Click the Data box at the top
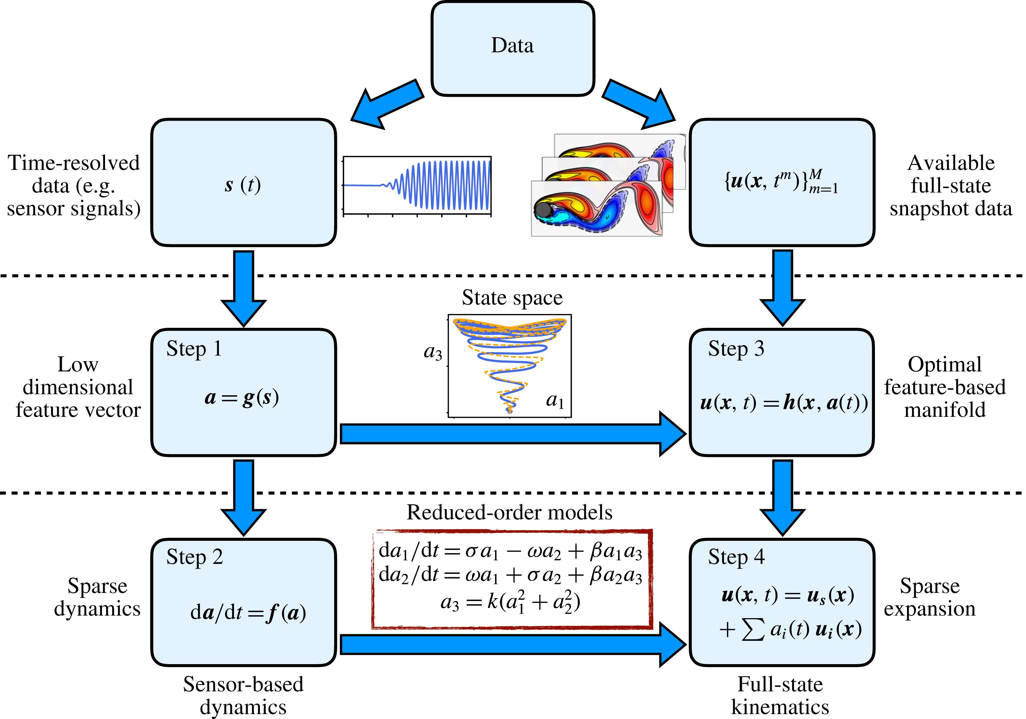512,48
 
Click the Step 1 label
194,349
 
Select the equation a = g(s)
242,397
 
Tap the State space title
512,298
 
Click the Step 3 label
736,349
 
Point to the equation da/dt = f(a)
248,612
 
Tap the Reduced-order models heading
509,512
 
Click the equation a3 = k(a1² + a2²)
510,602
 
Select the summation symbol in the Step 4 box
753,630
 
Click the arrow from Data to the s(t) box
387,104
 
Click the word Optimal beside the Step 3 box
944,364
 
